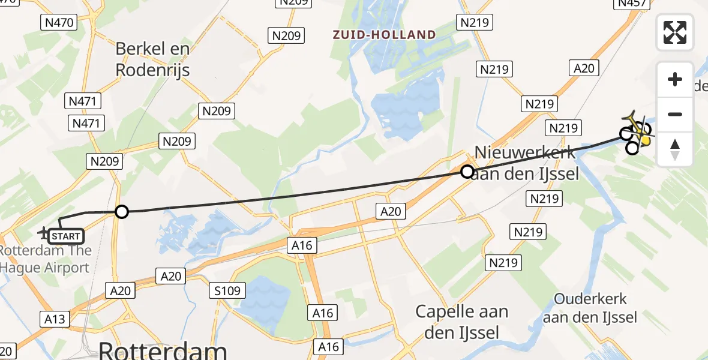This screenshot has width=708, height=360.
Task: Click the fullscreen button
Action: [675, 32]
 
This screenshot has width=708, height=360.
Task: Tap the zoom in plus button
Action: [675, 79]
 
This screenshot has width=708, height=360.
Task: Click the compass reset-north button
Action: [675, 149]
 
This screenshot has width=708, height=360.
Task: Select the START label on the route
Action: [66, 236]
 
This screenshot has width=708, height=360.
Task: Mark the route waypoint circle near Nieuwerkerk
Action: [467, 172]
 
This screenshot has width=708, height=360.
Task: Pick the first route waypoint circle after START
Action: [122, 212]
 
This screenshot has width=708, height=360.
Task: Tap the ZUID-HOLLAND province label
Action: [385, 35]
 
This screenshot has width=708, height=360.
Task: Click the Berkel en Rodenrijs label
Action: [152, 59]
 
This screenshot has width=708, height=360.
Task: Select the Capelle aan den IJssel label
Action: [462, 322]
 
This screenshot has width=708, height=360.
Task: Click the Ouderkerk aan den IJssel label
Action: [590, 308]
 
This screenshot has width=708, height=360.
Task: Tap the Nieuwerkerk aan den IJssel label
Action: [524, 163]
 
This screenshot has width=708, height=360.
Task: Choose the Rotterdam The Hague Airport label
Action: [46, 259]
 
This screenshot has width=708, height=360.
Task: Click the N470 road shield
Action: [58, 23]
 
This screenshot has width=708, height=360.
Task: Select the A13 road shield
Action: [55, 318]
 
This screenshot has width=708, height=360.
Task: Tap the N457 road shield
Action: [632, 4]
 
